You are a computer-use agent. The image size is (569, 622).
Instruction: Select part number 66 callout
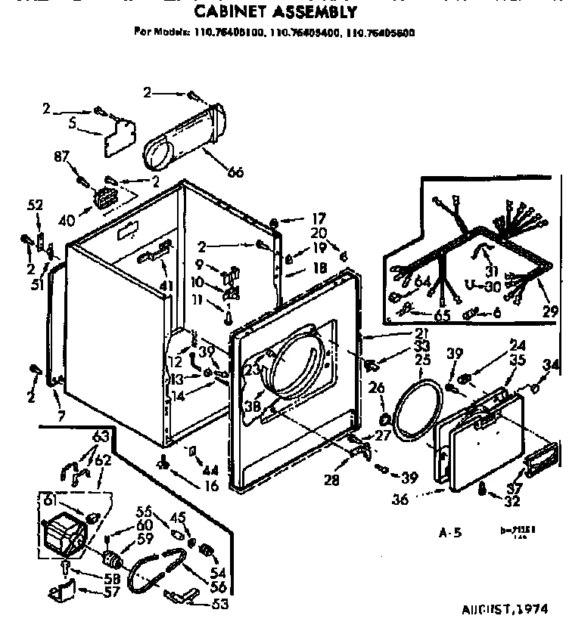[x=235, y=172]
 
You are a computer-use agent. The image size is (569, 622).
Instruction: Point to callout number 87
[x=61, y=157]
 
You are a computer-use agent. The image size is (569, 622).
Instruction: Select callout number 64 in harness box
[x=422, y=283]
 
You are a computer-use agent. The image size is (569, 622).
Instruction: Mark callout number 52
[x=35, y=205]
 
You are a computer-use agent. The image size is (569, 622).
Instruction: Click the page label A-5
[x=451, y=533]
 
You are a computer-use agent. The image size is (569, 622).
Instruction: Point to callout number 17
[x=319, y=219]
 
